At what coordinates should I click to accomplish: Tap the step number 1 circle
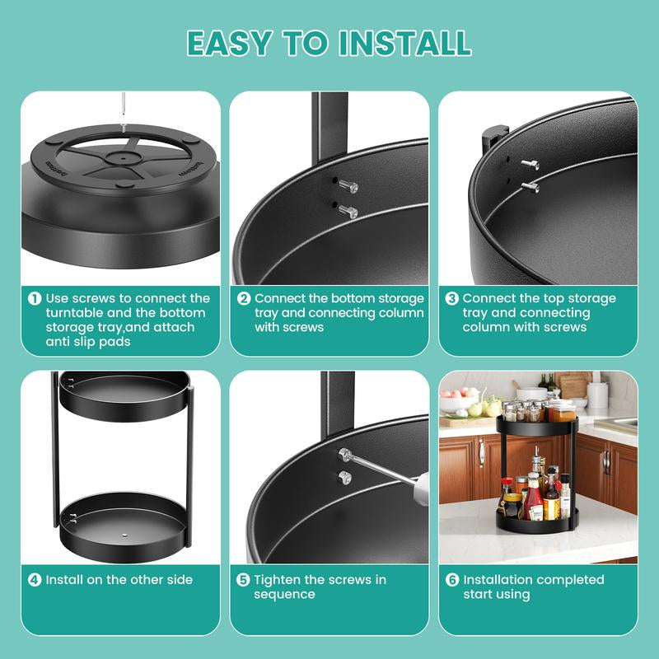point(35,298)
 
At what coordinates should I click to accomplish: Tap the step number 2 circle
point(244,298)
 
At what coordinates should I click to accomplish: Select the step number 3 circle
point(452,298)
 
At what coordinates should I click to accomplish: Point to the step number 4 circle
point(35,580)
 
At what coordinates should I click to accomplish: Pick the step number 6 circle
point(452,580)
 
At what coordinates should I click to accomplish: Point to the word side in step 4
point(176,580)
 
